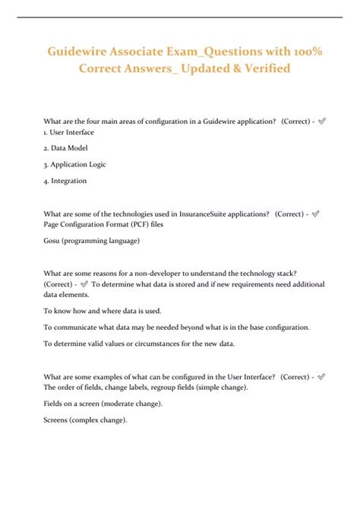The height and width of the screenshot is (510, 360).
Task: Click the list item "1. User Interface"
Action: (x=69, y=132)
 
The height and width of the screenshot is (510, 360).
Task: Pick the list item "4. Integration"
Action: (x=65, y=180)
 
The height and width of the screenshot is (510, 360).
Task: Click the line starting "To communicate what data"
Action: (x=176, y=327)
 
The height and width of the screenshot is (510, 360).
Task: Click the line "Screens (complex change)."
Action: (x=84, y=420)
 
